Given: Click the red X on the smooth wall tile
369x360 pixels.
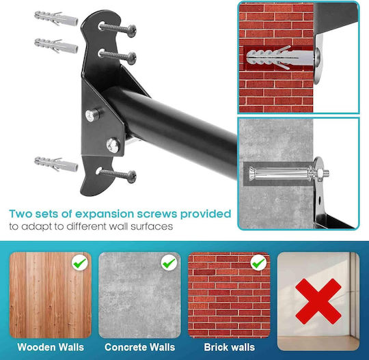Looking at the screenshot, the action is pos(318,301).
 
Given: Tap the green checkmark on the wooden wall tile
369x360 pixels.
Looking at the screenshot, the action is pos(79,263).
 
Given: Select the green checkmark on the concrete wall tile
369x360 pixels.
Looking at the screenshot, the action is pos(169,263).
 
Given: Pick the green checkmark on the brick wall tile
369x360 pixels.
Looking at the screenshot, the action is pos(258,263).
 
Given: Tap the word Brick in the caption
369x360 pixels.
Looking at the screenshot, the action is pos(214,347).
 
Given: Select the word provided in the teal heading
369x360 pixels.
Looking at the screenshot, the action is pos(206,214).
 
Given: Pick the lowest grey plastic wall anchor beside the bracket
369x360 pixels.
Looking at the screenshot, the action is pos(56,164).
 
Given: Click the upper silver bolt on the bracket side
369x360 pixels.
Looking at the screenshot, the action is pos(90,115).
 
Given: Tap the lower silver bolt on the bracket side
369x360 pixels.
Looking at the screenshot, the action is pos(113,146).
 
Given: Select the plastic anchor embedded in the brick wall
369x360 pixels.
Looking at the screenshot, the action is pos(279,57).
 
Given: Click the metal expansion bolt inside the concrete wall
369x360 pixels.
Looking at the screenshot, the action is pos(289,174).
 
